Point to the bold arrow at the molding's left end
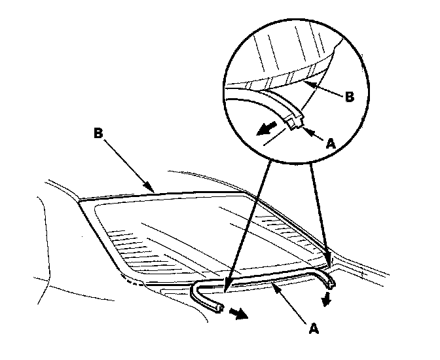click(x=240, y=314)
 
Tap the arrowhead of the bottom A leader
click(x=274, y=284)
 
